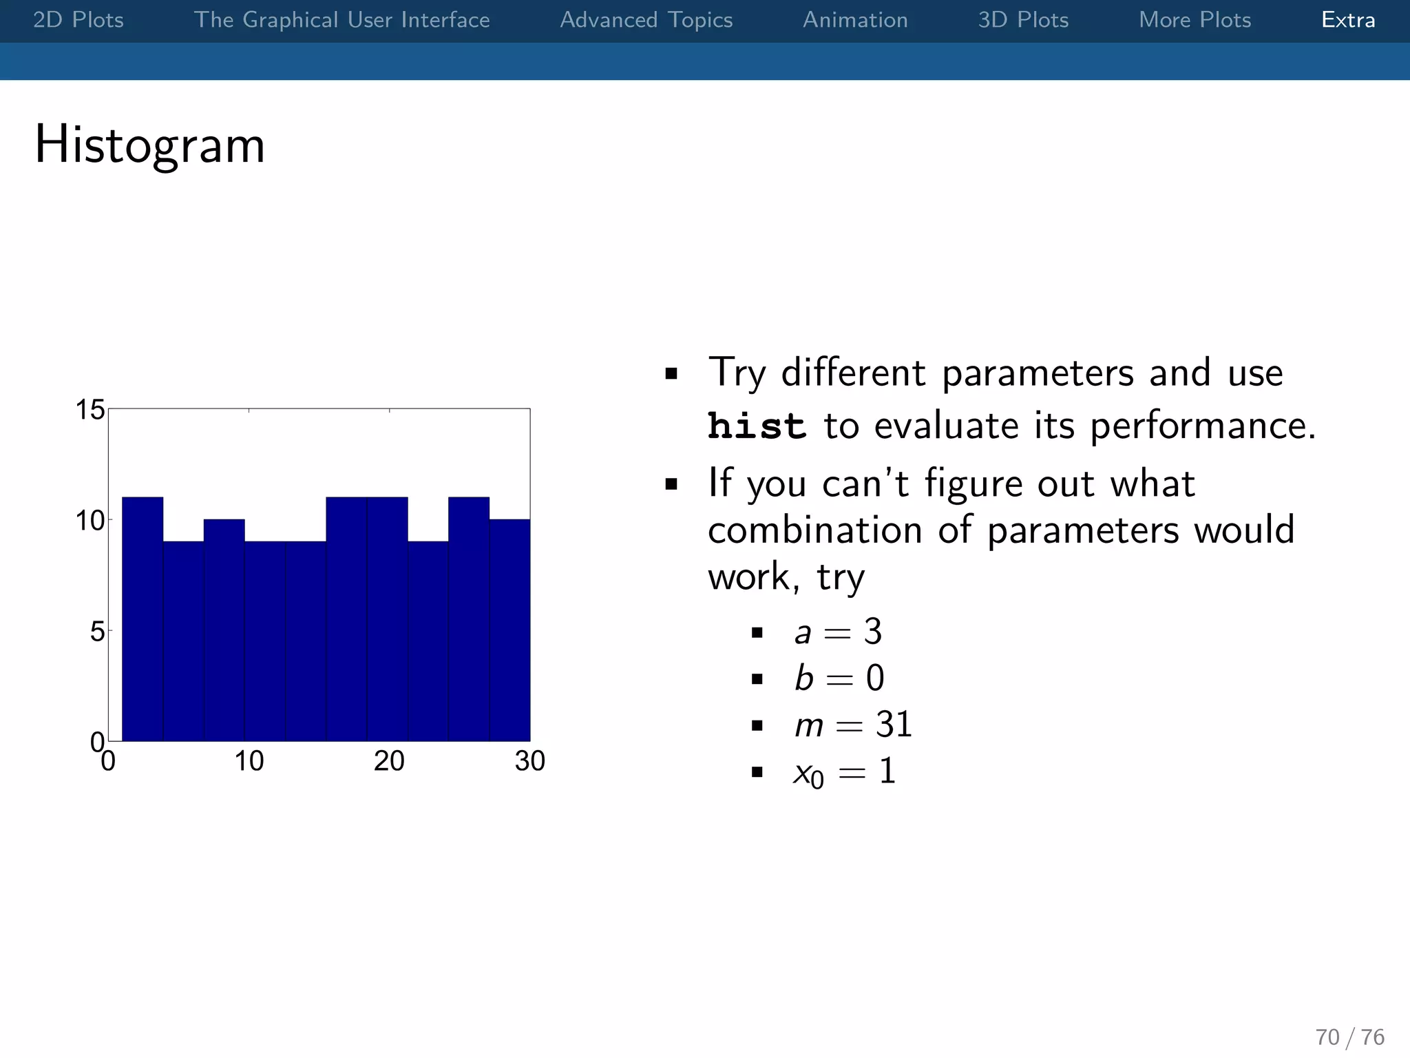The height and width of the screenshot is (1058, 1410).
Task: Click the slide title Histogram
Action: pyautogui.click(x=149, y=145)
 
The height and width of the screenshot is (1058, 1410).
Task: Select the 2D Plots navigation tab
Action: pyautogui.click(x=78, y=20)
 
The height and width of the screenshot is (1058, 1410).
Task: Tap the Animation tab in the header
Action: pyautogui.click(x=855, y=20)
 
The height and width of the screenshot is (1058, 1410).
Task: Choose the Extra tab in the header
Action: pyautogui.click(x=1348, y=20)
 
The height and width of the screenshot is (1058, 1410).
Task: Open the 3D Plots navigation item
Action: pyautogui.click(x=1023, y=20)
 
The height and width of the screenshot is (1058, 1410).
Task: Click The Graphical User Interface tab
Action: pyautogui.click(x=341, y=20)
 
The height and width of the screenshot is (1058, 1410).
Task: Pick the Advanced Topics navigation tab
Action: pyautogui.click(x=646, y=20)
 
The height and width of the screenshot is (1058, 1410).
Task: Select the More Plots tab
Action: pyautogui.click(x=1195, y=20)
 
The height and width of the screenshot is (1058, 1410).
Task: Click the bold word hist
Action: pyautogui.click(x=757, y=426)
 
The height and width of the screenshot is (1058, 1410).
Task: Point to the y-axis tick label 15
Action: pyautogui.click(x=90, y=410)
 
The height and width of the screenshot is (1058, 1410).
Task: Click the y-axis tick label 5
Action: pyautogui.click(x=97, y=631)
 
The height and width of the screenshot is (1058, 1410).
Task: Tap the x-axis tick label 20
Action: pyautogui.click(x=389, y=761)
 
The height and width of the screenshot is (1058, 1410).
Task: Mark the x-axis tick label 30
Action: pyautogui.click(x=529, y=761)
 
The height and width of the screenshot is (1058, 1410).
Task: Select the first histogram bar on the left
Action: pyautogui.click(x=143, y=620)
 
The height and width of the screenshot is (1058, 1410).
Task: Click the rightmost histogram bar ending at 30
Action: pyautogui.click(x=509, y=630)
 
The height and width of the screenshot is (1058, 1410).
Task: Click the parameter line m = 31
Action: pyautogui.click(x=853, y=725)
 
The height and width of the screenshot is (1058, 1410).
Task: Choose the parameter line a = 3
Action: pyautogui.click(x=838, y=632)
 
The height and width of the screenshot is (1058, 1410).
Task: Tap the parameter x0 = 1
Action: pyautogui.click(x=844, y=772)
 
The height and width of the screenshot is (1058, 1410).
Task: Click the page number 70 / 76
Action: pyautogui.click(x=1349, y=1037)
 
